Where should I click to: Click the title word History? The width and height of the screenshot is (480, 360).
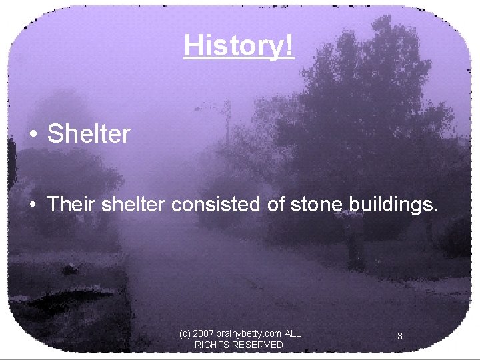(x=238, y=46)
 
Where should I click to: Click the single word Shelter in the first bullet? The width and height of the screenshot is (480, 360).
(x=88, y=134)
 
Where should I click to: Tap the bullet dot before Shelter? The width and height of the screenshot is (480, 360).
(x=33, y=135)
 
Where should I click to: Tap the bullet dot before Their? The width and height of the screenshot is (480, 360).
(x=33, y=205)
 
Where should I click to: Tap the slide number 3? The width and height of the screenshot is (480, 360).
(x=399, y=337)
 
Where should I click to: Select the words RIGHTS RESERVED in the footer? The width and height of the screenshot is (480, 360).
(x=239, y=345)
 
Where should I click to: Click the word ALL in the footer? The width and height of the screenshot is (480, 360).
(x=293, y=333)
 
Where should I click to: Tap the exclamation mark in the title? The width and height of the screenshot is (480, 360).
(x=289, y=46)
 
